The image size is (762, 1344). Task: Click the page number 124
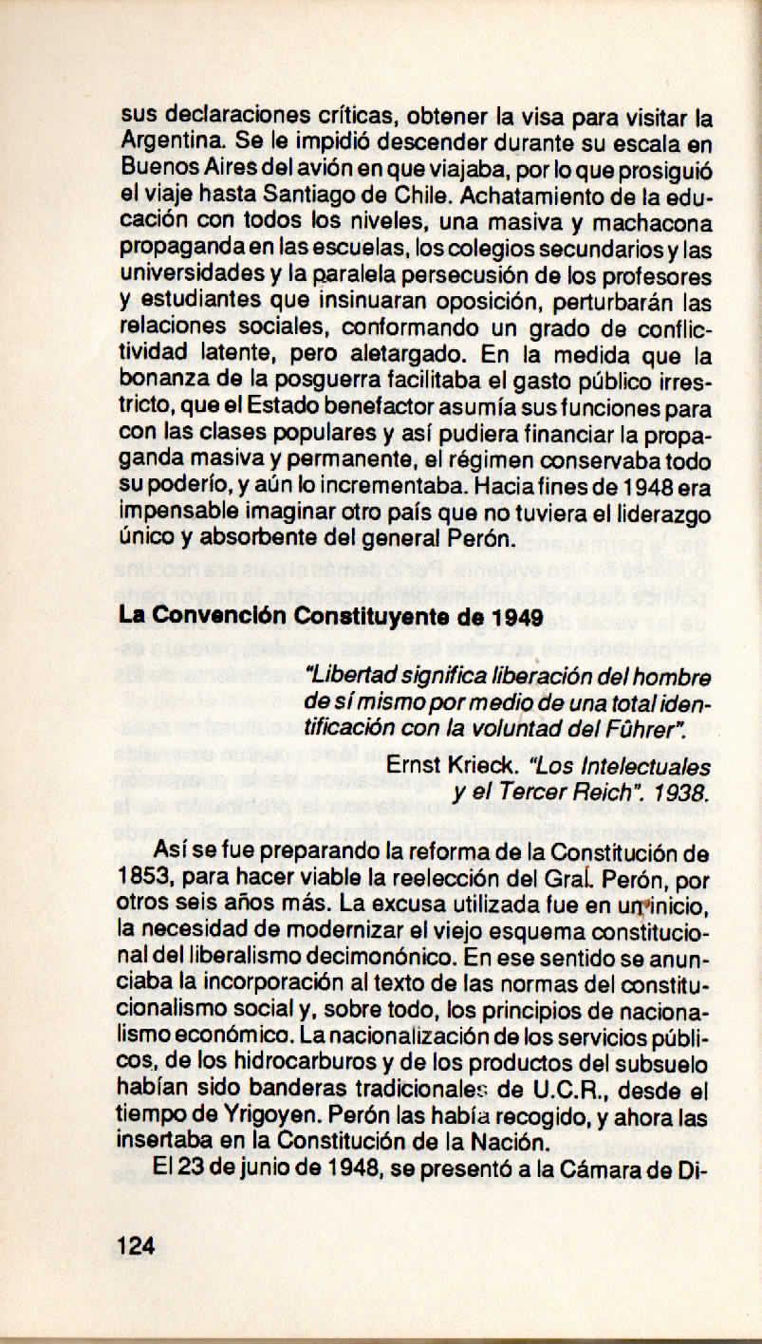137,1245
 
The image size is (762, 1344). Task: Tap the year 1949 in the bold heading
519,618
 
